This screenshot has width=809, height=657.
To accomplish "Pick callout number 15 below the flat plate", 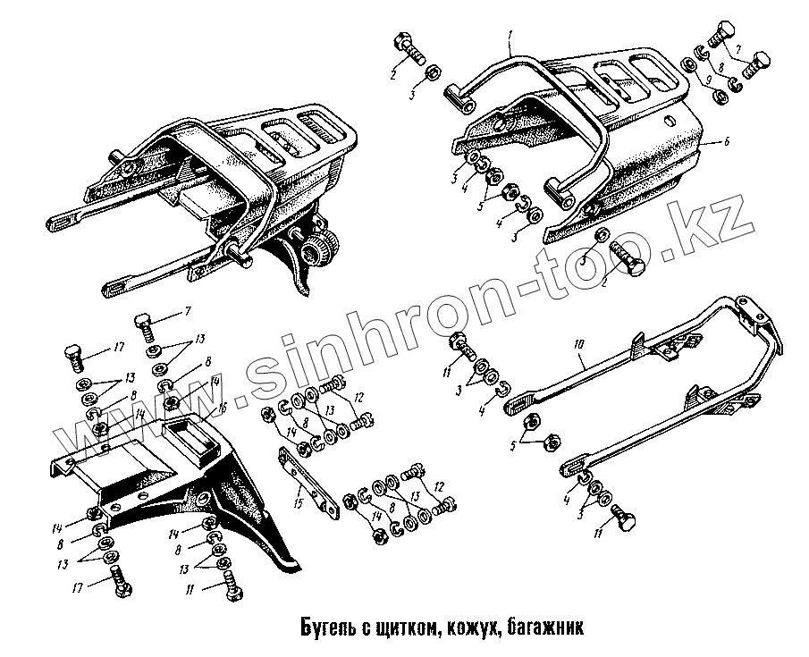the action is tap(296, 502).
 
